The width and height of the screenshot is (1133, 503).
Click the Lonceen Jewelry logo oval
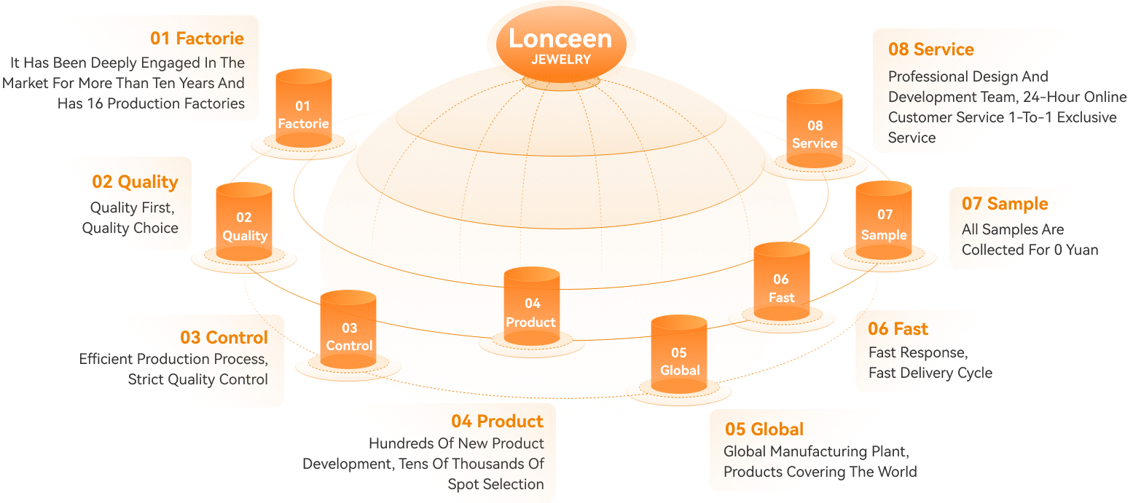(561, 44)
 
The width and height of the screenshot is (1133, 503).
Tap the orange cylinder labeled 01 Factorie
(304, 108)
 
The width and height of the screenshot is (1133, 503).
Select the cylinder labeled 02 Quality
(244, 222)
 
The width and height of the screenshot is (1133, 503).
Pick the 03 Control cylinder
(348, 330)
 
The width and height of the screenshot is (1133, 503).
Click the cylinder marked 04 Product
(532, 306)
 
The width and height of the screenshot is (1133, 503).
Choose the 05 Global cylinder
(679, 355)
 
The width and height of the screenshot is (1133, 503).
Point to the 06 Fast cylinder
(782, 282)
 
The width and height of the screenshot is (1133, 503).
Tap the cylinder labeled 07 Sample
(884, 221)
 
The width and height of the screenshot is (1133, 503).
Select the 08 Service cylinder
(815, 128)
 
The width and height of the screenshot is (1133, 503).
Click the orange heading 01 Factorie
(197, 39)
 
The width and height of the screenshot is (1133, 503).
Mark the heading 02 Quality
(135, 182)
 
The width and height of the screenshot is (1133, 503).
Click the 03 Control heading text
(224, 337)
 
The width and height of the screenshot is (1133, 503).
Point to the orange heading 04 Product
(497, 421)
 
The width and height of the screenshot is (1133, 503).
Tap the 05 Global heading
(764, 429)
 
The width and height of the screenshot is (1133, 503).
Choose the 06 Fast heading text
(898, 328)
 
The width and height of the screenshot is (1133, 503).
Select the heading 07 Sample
(1005, 204)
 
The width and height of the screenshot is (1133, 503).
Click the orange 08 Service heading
(931, 49)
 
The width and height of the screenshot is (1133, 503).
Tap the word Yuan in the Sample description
(1083, 250)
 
